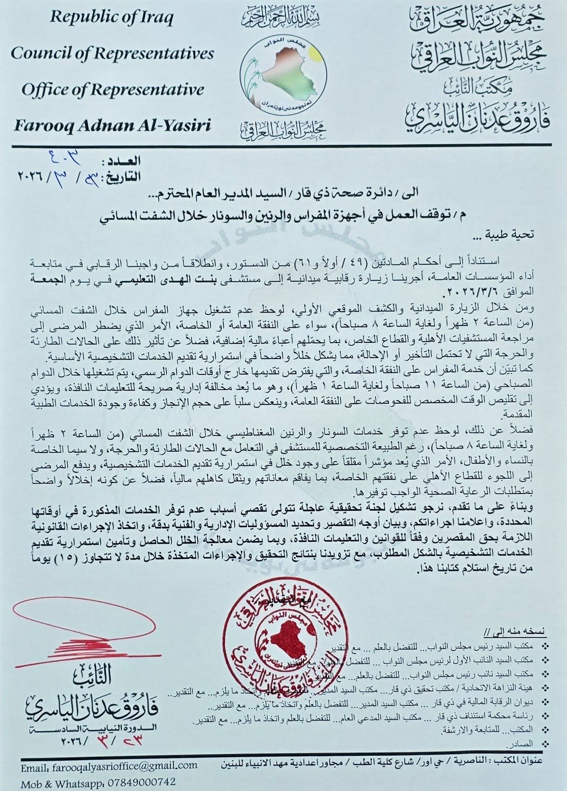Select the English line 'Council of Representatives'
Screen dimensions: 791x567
click(x=113, y=53)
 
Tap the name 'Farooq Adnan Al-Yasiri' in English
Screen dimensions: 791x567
click(x=113, y=126)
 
